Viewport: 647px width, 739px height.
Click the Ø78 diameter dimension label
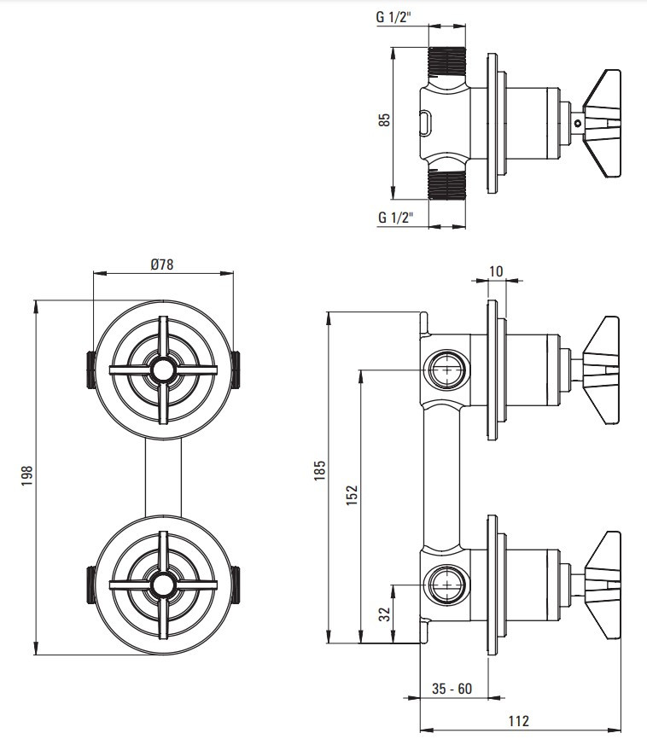click(162, 265)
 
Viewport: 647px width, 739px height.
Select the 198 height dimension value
click(26, 476)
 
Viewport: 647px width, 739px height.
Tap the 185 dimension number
click(320, 470)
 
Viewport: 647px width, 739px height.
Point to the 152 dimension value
click(352, 495)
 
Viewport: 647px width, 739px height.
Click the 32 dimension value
click(385, 614)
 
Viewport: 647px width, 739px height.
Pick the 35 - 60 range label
click(452, 689)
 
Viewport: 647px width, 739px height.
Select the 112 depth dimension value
click(519, 720)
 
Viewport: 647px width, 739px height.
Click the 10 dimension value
click(496, 271)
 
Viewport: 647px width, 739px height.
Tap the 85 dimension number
click(385, 119)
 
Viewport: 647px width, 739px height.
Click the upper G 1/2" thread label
click(393, 17)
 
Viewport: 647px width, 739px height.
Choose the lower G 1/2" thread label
click(396, 218)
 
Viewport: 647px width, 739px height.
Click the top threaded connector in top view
click(446, 61)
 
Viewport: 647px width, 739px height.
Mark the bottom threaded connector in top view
click(446, 184)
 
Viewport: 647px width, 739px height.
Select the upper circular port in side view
click(446, 370)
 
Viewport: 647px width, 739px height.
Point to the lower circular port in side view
click(446, 585)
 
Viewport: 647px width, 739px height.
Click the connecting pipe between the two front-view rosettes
click(163, 477)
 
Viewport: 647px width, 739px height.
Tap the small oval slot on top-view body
click(425, 123)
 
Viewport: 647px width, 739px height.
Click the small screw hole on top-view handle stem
click(578, 124)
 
